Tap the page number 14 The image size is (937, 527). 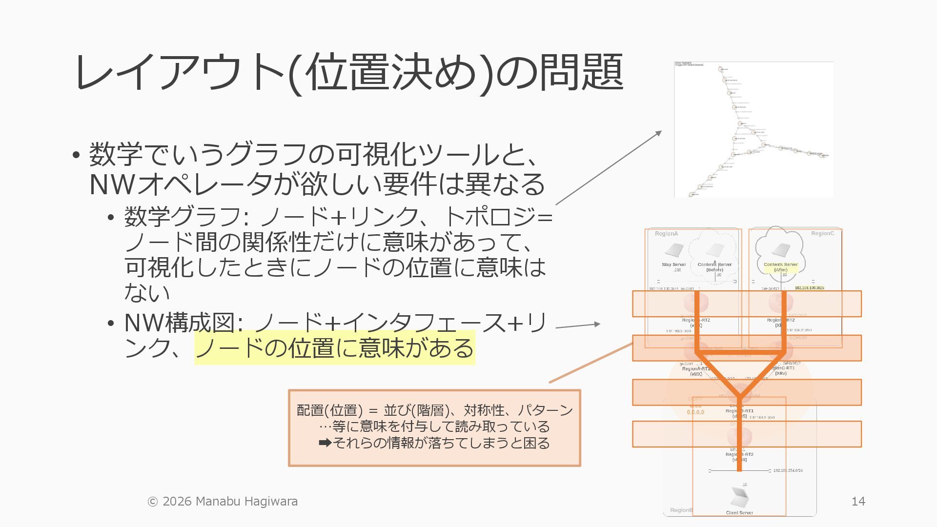(858, 501)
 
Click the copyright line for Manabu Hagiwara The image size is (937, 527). (223, 501)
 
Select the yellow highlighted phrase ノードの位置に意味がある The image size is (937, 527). (334, 347)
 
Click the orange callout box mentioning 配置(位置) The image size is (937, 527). (434, 427)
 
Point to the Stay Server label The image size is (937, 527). (674, 264)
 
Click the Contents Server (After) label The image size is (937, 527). (781, 267)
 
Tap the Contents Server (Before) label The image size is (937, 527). (714, 267)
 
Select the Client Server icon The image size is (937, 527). (740, 497)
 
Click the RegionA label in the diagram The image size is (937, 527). (666, 234)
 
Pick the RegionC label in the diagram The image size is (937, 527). (822, 234)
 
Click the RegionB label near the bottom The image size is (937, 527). (681, 510)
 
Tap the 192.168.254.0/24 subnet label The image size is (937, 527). (788, 470)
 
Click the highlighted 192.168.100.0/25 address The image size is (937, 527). (809, 288)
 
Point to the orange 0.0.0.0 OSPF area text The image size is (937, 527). (695, 412)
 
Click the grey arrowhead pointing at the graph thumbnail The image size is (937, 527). (659, 133)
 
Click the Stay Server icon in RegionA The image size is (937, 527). (674, 251)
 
